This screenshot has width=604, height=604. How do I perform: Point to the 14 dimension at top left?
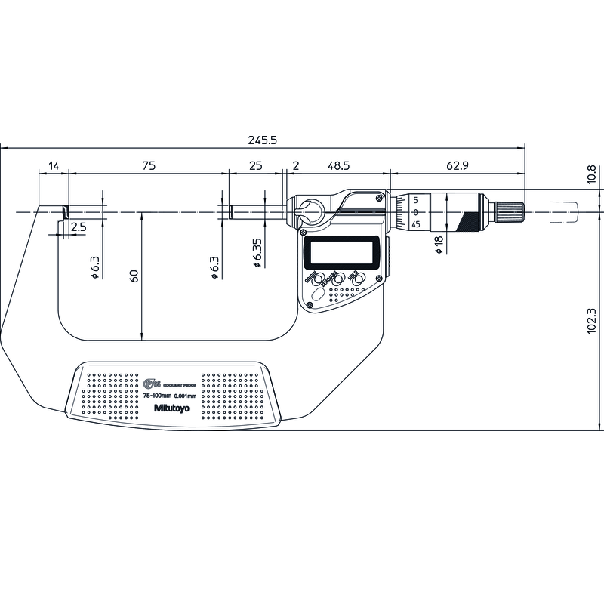[x=54, y=165]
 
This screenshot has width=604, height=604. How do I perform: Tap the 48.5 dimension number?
[x=337, y=165]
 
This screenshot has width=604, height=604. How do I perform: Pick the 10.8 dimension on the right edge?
[x=592, y=174]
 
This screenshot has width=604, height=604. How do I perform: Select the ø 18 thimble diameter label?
[x=439, y=245]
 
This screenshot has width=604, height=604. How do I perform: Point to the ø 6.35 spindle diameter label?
[x=257, y=253]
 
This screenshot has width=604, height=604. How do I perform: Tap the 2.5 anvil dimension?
[x=78, y=226]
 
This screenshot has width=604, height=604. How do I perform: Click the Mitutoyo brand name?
[x=171, y=408]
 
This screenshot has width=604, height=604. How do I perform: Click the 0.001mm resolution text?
[x=186, y=396]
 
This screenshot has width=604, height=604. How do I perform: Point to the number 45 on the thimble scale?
[x=416, y=224]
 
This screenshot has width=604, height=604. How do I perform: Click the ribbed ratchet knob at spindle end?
[x=510, y=211]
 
